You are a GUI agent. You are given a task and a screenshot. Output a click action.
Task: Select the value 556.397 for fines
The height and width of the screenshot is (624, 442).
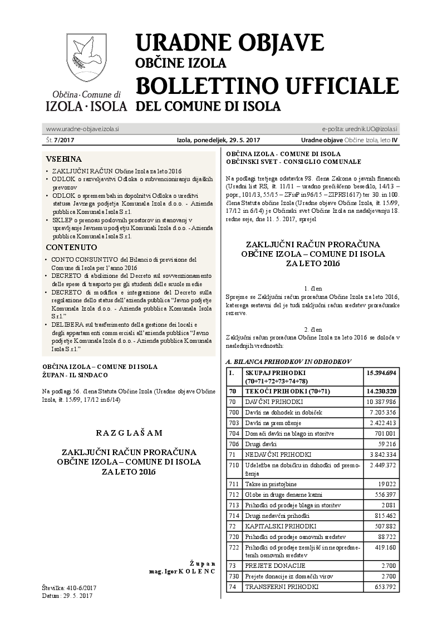[382, 495]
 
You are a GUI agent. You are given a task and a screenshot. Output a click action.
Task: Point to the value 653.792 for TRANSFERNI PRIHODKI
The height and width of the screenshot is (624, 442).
[382, 587]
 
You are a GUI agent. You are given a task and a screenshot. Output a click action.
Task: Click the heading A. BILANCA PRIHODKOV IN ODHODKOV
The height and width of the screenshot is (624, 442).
[288, 361]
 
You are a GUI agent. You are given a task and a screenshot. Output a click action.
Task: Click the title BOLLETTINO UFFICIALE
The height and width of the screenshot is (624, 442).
[267, 86]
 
